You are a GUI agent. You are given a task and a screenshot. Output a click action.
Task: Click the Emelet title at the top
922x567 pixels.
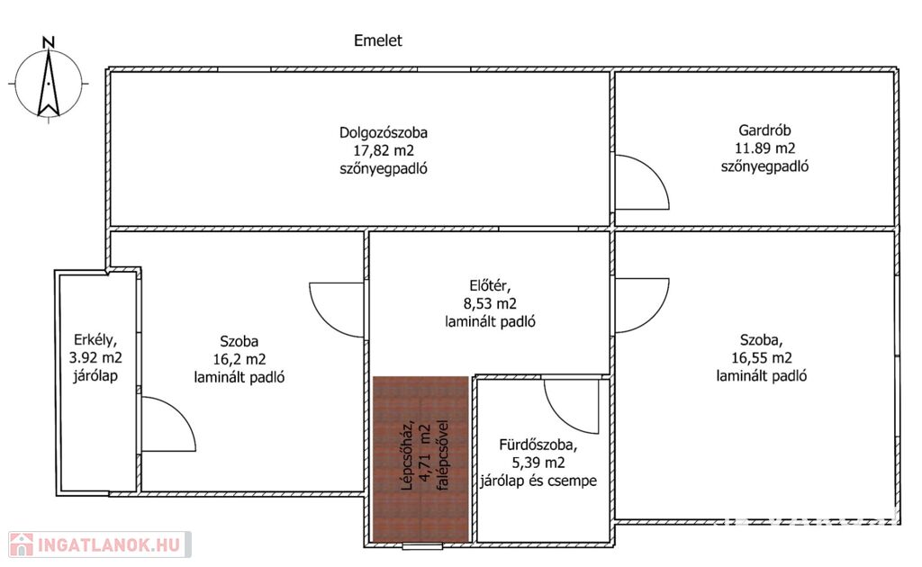point(378,40)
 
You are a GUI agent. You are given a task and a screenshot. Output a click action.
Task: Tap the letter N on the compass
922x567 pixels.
point(49,42)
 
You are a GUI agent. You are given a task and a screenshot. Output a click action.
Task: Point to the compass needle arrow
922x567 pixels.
point(49,83)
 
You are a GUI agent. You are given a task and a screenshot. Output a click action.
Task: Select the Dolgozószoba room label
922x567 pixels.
point(384,132)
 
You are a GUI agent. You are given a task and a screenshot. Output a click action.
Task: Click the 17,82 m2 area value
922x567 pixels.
point(384,150)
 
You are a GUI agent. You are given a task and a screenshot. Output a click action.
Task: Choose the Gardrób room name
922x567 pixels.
point(764,130)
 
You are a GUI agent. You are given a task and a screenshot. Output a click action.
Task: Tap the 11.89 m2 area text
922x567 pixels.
point(764,148)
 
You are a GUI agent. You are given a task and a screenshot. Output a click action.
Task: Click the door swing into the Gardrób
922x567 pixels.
point(642,182)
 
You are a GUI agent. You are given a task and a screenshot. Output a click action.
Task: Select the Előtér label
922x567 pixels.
point(491,286)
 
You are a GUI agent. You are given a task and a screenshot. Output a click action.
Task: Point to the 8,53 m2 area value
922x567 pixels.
point(491,304)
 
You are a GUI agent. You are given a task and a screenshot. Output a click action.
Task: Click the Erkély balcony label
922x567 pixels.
point(95,339)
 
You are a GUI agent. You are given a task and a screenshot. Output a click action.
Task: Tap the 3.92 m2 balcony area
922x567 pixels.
point(95,357)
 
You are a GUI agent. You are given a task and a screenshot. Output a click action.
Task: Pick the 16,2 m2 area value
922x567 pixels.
point(240,359)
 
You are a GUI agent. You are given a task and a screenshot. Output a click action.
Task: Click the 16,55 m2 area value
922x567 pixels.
point(762,357)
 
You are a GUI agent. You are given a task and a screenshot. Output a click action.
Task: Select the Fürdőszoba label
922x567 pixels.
point(538,445)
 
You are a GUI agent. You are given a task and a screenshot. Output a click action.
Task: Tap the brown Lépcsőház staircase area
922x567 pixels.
point(420,459)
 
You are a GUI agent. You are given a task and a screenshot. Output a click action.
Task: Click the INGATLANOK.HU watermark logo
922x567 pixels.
point(99,544)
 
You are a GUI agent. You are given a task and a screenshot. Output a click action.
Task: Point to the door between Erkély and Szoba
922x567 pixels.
point(168,424)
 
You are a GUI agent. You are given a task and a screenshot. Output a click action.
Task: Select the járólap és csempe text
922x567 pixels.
point(538,481)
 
